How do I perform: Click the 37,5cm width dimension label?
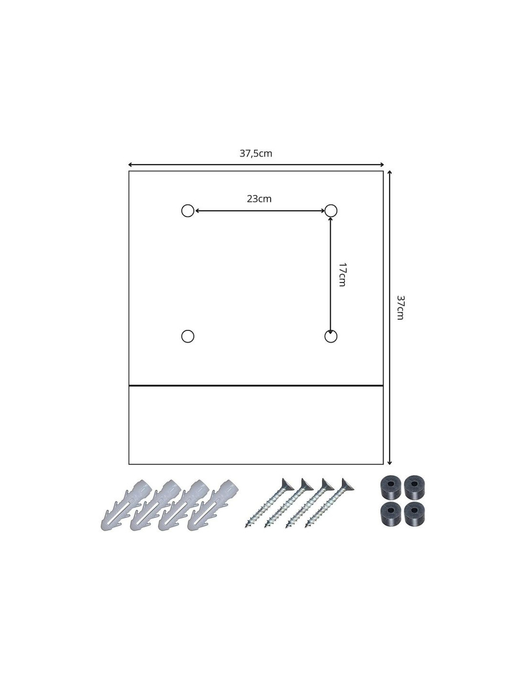click(256, 153)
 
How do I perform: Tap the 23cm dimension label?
click(259, 199)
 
